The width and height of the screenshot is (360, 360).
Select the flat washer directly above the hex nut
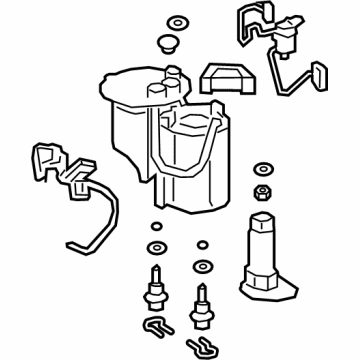[264, 165]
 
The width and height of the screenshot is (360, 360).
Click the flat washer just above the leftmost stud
[156, 248]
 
